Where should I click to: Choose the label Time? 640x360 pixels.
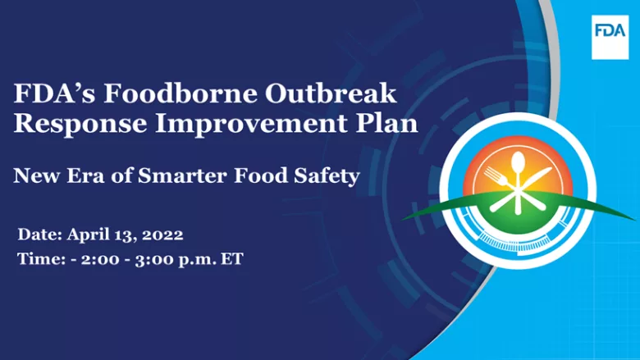tap(39, 259)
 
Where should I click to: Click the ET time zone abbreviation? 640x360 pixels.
tap(233, 259)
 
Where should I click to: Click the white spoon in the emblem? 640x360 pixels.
tap(518, 170)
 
